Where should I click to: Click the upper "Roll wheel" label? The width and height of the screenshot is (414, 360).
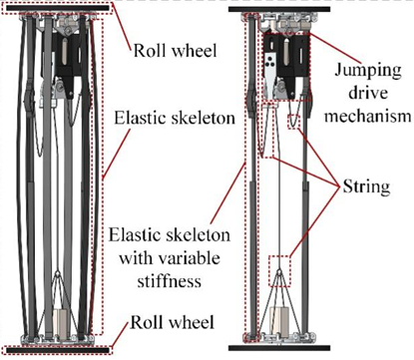click(x=175, y=51)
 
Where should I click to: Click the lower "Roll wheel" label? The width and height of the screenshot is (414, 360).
click(x=172, y=322)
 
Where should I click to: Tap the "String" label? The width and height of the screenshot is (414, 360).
click(x=366, y=186)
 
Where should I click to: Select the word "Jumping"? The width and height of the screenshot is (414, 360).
click(x=368, y=71)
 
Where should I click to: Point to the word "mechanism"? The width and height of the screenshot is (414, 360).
click(x=368, y=117)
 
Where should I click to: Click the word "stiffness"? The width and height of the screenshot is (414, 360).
click(x=170, y=281)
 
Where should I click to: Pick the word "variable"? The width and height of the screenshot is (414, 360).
click(x=189, y=258)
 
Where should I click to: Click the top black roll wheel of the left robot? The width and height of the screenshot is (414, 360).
click(x=58, y=8)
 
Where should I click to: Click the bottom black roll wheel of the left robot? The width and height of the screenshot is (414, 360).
click(x=58, y=350)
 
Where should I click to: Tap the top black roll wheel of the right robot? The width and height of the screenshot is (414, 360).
click(x=279, y=9)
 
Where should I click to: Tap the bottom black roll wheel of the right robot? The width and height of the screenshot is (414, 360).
click(x=279, y=348)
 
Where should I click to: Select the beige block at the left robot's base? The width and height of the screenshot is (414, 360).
click(x=61, y=322)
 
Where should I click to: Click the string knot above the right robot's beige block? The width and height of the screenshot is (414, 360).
click(x=279, y=272)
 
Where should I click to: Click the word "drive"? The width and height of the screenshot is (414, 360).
click(x=368, y=93)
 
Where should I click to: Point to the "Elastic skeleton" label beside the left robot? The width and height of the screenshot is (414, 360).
click(x=175, y=119)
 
